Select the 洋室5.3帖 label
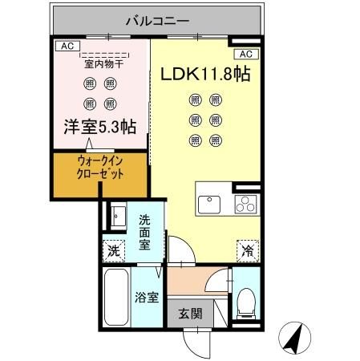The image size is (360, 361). pos(100,126)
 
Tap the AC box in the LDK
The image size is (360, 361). pos(245,55)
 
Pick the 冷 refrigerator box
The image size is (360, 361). pos(246,250)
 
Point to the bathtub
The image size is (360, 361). pos(116,298)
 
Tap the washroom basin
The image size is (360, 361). pos(118,217)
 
